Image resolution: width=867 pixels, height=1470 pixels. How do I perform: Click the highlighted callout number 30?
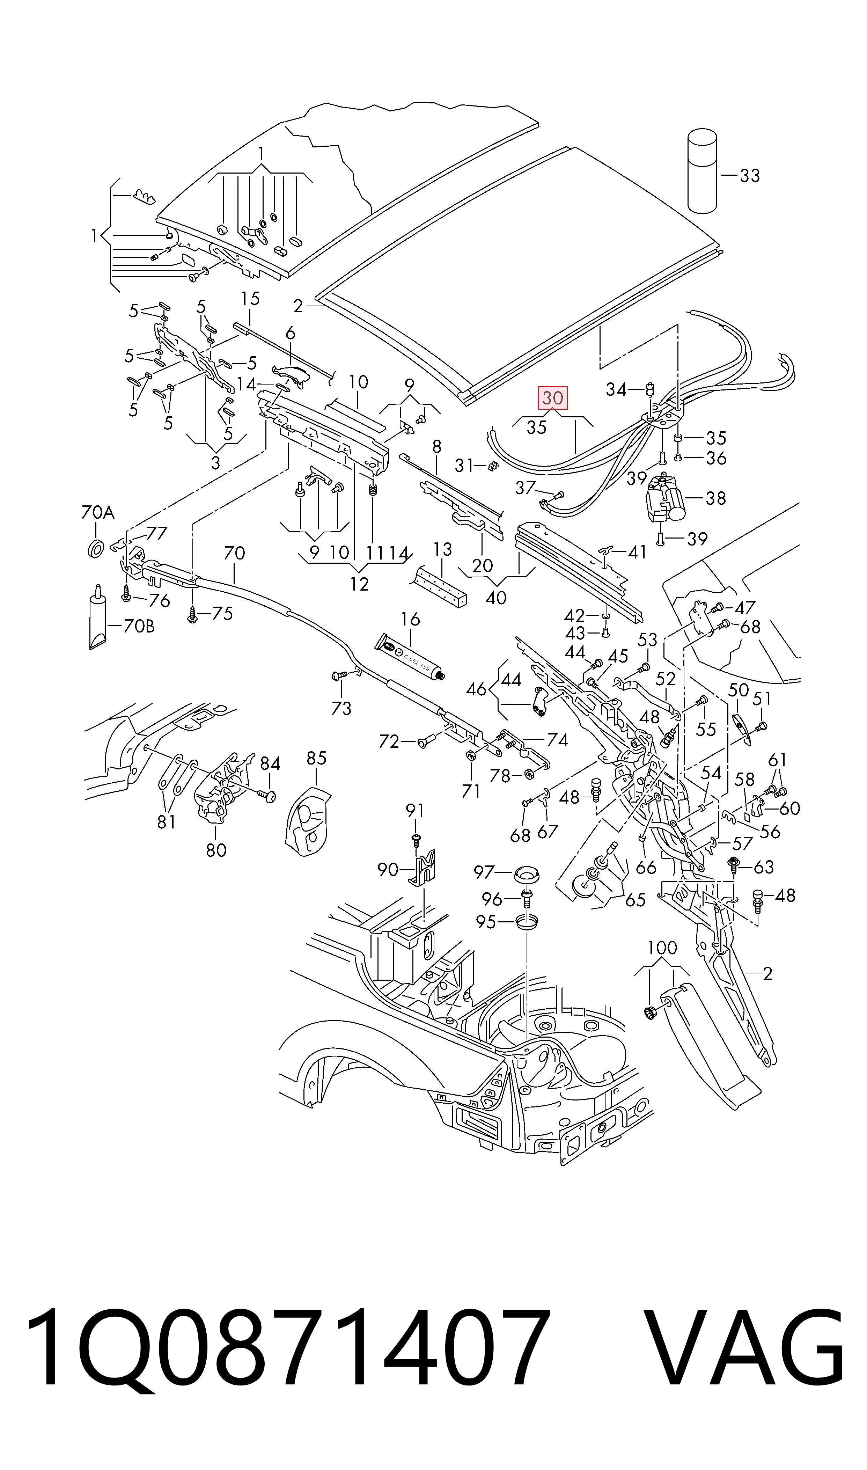(x=552, y=398)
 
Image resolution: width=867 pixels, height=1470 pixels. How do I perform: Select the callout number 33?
(x=750, y=175)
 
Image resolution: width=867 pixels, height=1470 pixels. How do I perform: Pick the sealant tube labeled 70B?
(x=97, y=617)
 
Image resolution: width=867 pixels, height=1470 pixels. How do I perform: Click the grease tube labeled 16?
(x=411, y=657)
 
